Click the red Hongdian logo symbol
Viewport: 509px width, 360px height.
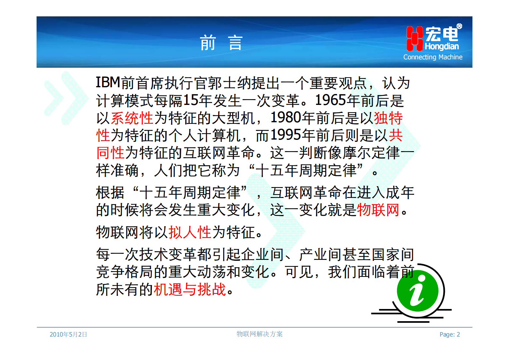pyautogui.click(x=414, y=39)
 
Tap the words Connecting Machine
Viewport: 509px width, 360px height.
pyautogui.click(x=433, y=57)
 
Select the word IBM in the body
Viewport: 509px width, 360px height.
pyautogui.click(x=108, y=83)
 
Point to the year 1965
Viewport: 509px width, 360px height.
pyautogui.click(x=331, y=100)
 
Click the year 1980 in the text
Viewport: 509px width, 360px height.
pyautogui.click(x=286, y=118)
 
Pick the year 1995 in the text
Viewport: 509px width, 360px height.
pyautogui.click(x=286, y=135)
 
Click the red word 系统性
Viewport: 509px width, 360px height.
pyautogui.click(x=132, y=118)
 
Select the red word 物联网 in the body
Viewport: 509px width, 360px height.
pyautogui.click(x=378, y=210)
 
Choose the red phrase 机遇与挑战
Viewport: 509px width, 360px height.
pyautogui.click(x=190, y=289)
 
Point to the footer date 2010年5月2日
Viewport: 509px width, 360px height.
pyautogui.click(x=68, y=334)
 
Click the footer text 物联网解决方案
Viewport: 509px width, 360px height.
pyautogui.click(x=259, y=334)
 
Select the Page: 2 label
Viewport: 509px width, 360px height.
pyautogui.click(x=450, y=334)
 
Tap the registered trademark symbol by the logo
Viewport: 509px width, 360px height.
pyautogui.click(x=459, y=26)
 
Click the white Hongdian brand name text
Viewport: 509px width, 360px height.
pyautogui.click(x=442, y=47)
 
